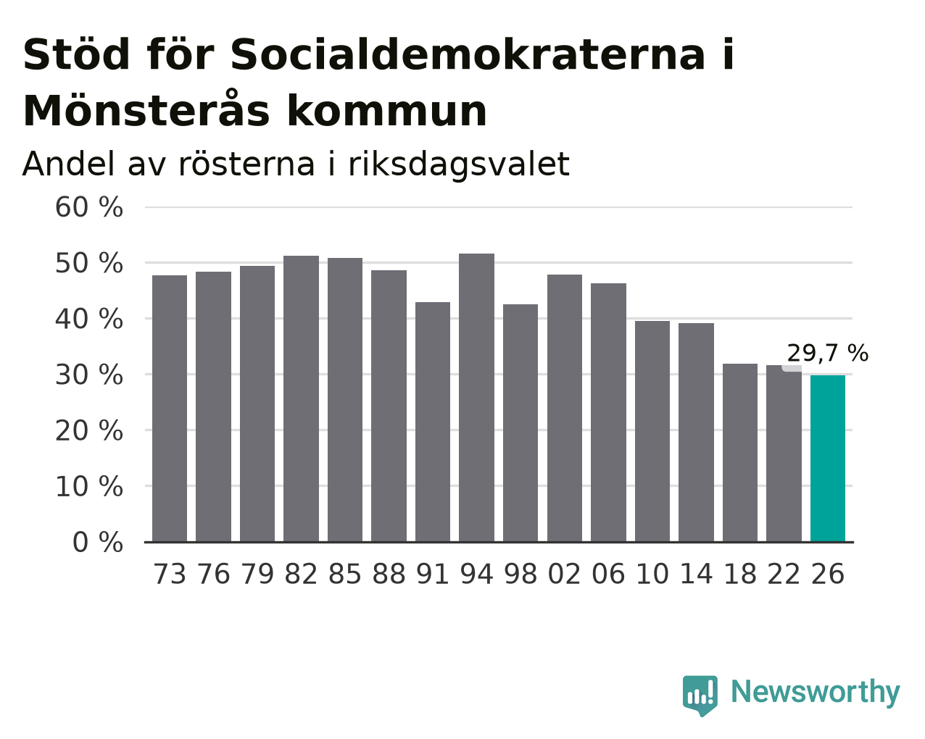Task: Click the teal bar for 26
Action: (x=827, y=459)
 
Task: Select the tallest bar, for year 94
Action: (x=476, y=398)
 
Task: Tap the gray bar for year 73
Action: (x=170, y=409)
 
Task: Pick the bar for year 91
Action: (x=432, y=422)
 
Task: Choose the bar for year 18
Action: (x=739, y=453)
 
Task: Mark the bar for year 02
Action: (x=565, y=408)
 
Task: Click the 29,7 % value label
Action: (x=827, y=353)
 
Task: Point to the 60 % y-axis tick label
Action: (x=89, y=207)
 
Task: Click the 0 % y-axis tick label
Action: (x=98, y=543)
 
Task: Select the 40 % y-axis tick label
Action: (x=89, y=320)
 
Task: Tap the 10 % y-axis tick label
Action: (x=89, y=487)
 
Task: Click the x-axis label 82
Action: (x=301, y=574)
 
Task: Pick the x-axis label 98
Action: (x=520, y=574)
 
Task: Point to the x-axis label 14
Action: (x=696, y=574)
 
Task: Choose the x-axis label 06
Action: (x=608, y=574)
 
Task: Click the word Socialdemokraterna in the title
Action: (x=468, y=55)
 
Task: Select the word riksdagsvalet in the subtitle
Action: (x=459, y=164)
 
